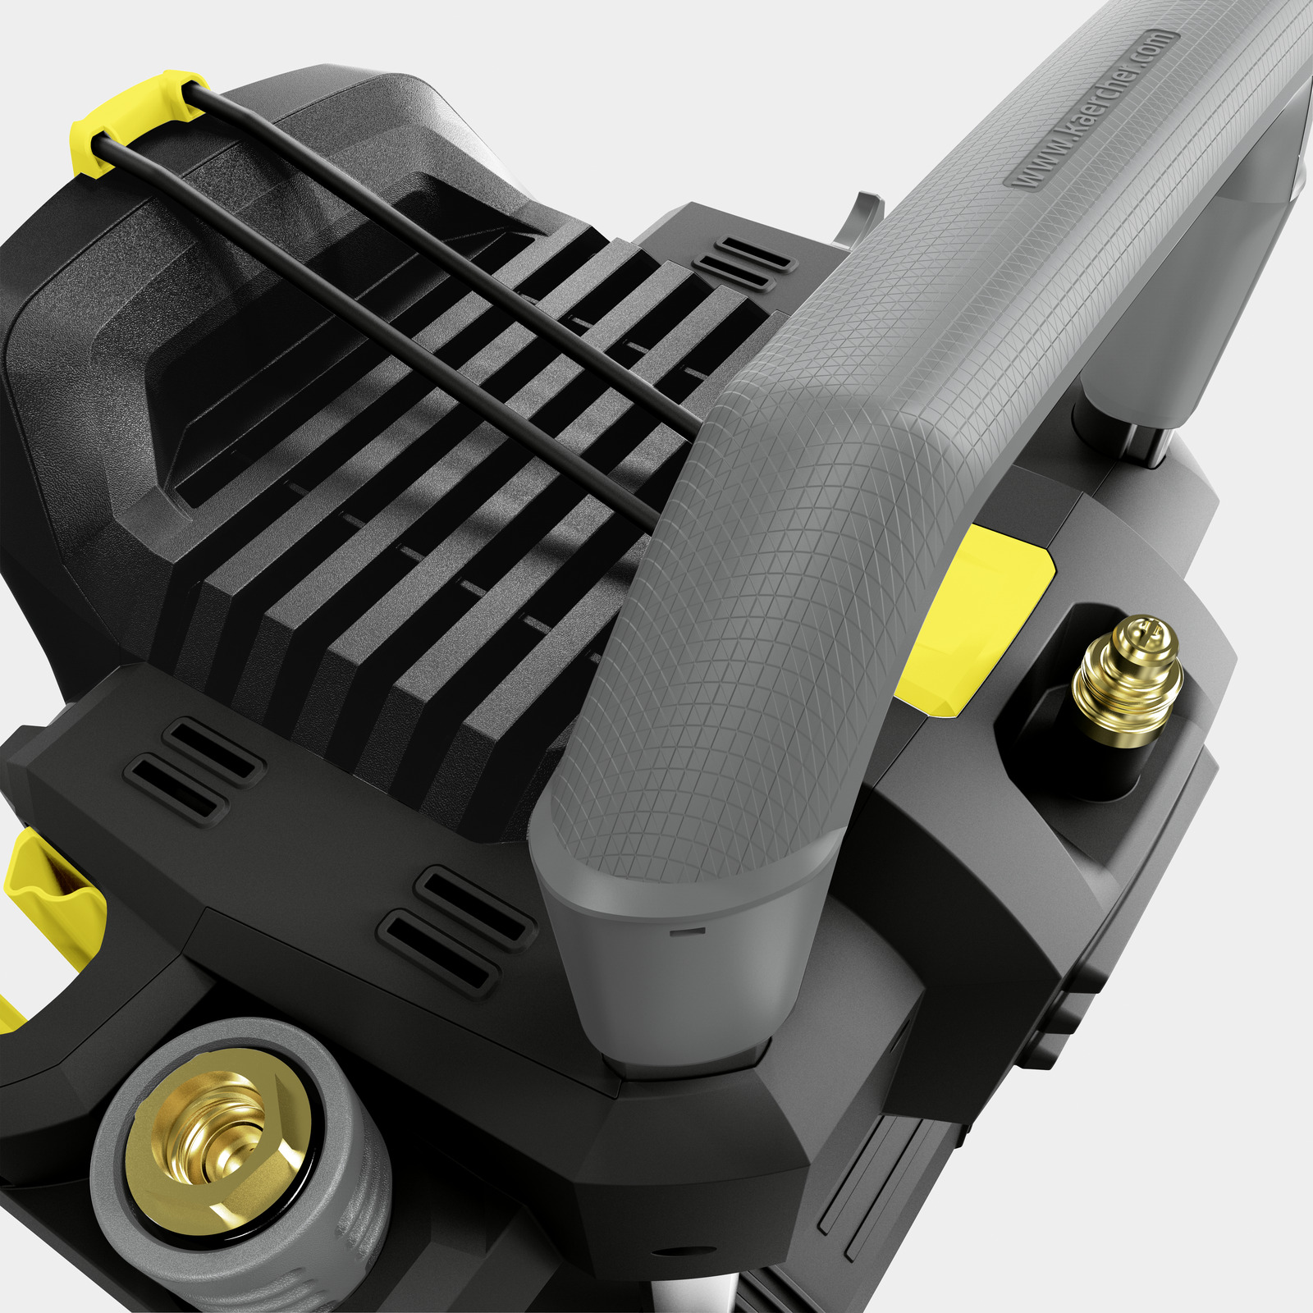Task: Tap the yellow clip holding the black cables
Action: [x=135, y=121]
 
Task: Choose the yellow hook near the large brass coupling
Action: [x=49, y=911]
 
